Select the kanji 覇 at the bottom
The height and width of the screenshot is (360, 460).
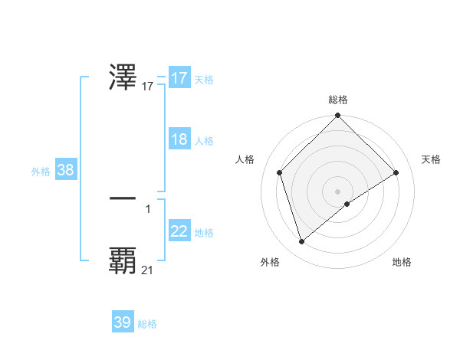point(123,260)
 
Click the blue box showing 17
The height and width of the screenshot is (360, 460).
point(179,78)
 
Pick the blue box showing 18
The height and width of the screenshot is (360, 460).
point(179,139)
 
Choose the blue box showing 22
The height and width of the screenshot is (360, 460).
point(179,231)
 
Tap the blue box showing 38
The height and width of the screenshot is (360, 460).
point(65,170)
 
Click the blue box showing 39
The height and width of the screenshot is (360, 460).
point(123,322)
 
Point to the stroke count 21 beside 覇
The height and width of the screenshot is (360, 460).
point(147,270)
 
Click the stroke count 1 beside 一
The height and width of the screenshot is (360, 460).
point(148,208)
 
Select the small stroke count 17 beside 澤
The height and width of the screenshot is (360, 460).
point(147,87)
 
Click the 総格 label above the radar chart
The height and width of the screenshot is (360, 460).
point(338,100)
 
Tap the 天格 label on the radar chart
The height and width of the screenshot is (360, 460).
point(431,159)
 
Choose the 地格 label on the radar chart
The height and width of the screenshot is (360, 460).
point(402,262)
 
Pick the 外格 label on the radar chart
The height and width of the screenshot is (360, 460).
point(270,262)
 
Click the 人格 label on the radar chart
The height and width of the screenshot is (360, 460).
point(245,159)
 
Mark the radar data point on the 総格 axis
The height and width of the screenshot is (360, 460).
point(338,116)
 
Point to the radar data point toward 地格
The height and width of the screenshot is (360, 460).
point(347,204)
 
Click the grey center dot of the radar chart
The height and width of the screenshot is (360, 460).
point(338,191)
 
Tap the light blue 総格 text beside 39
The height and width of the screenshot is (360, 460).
point(147,324)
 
